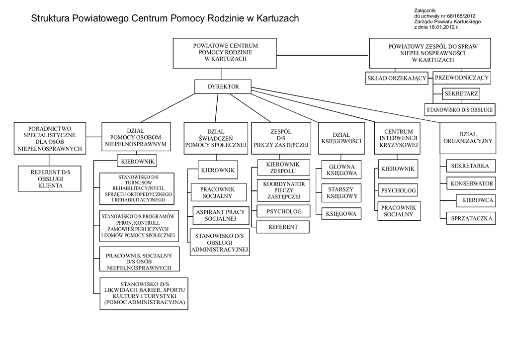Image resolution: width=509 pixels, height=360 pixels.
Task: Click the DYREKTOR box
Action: click(x=223, y=87)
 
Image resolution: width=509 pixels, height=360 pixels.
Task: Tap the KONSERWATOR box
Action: click(x=471, y=183)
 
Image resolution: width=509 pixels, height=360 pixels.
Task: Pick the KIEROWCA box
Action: click(x=477, y=200)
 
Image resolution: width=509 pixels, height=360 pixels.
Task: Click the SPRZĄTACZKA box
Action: click(x=471, y=218)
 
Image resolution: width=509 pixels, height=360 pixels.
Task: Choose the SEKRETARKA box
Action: click(x=470, y=166)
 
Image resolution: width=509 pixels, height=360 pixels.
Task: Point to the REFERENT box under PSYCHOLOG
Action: click(x=282, y=227)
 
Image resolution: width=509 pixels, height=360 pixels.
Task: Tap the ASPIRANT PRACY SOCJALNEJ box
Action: click(x=220, y=215)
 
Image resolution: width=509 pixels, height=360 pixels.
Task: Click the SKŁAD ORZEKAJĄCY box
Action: click(x=397, y=78)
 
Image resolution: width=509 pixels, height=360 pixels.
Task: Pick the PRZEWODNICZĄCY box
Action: click(x=462, y=78)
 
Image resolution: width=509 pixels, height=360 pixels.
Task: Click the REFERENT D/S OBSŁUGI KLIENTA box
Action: click(x=50, y=179)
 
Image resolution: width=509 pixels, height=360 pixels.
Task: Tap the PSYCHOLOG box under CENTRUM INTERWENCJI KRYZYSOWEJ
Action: click(x=398, y=190)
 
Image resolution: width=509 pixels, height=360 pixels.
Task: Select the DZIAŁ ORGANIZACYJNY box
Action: click(x=468, y=137)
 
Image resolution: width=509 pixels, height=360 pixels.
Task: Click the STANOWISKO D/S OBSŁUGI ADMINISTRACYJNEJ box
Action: click(x=220, y=242)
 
